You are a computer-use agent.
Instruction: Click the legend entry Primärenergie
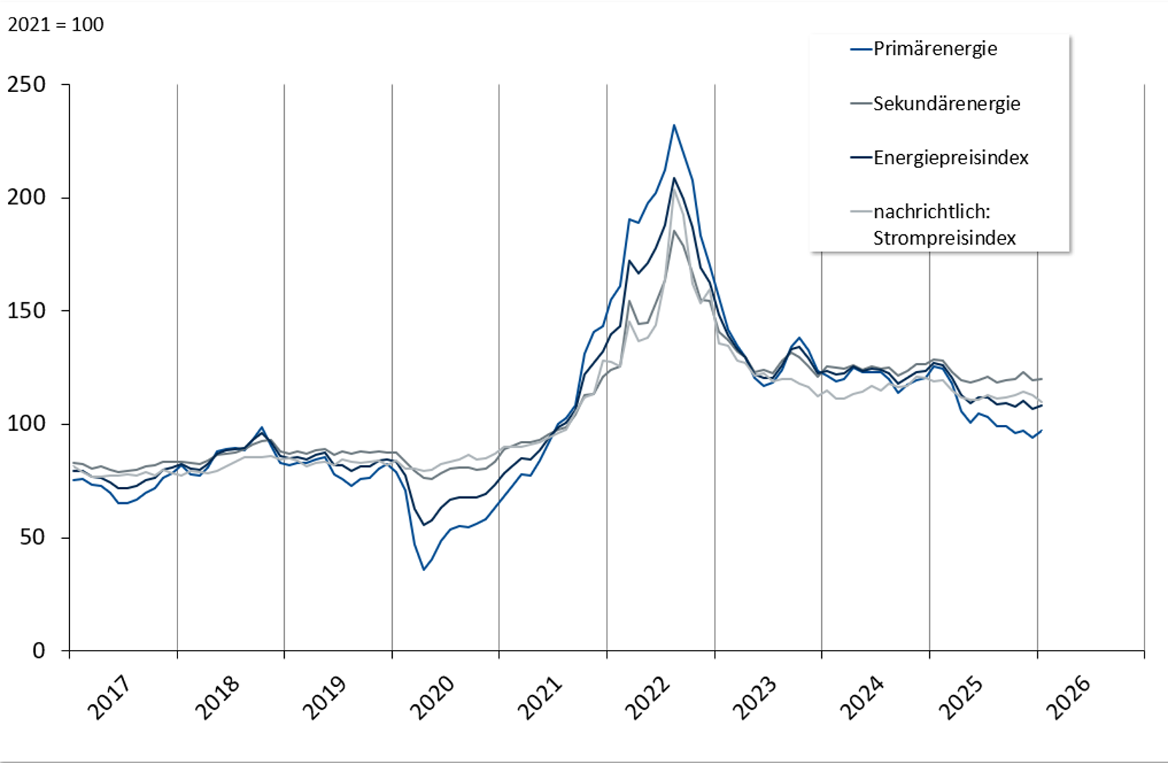pyautogui.click(x=934, y=49)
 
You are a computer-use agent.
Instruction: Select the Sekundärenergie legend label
pyautogui.click(x=946, y=104)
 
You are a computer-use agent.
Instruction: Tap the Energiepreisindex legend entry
pyautogui.click(x=950, y=158)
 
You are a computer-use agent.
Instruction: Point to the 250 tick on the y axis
pyautogui.click(x=26, y=85)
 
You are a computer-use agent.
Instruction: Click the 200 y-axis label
pyautogui.click(x=26, y=198)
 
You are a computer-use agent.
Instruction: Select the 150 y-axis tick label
pyautogui.click(x=26, y=311)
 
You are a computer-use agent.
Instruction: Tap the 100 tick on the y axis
pyautogui.click(x=26, y=424)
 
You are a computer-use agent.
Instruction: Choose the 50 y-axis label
pyautogui.click(x=33, y=537)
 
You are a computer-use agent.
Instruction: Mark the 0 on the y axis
pyautogui.click(x=39, y=651)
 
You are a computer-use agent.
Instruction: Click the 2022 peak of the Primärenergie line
pyautogui.click(x=674, y=126)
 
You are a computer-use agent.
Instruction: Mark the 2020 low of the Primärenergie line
pyautogui.click(x=423, y=570)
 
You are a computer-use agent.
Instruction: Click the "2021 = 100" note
pyautogui.click(x=55, y=25)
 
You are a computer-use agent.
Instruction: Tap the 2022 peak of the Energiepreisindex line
pyautogui.click(x=674, y=178)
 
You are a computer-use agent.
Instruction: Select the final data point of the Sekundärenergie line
pyautogui.click(x=1042, y=379)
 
